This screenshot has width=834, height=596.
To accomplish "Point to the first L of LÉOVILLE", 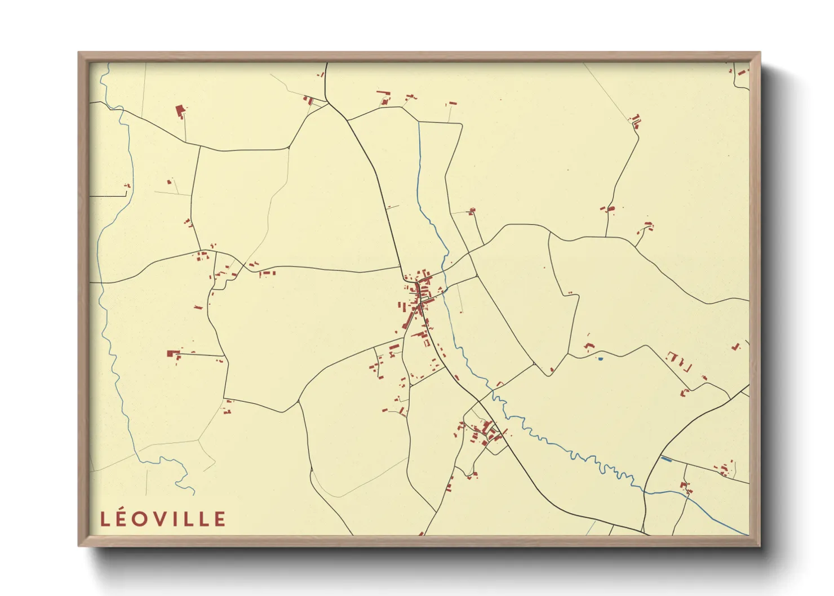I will (x=104, y=519).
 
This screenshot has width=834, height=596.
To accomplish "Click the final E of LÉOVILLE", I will (x=220, y=519).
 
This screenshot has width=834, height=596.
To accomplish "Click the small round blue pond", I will (x=601, y=358).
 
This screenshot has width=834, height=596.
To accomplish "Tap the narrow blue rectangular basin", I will (x=666, y=459).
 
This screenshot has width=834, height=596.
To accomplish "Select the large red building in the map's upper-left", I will (x=180, y=110).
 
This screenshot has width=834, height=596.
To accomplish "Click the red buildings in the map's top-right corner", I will (x=742, y=72).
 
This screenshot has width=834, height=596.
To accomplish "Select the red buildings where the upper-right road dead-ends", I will (x=636, y=120).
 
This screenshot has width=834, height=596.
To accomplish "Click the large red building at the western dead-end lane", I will (x=173, y=354).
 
